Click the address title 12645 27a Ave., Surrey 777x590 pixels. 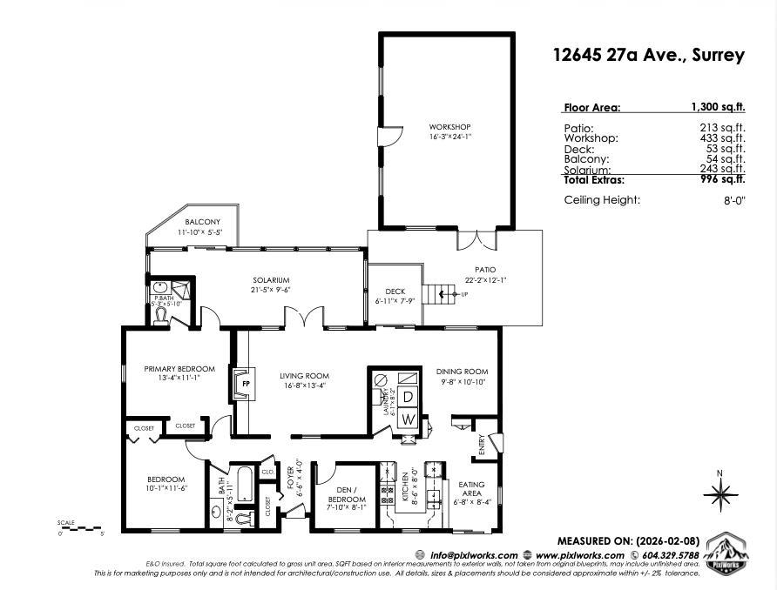tap(649, 55)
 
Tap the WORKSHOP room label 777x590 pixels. tap(449, 127)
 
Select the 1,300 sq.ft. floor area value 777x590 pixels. tap(718, 108)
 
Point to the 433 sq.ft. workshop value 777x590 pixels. tap(724, 138)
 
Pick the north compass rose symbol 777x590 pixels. tap(720, 497)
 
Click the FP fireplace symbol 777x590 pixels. tap(245, 383)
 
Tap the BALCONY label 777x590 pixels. tap(202, 223)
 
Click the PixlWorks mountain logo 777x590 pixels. tap(726, 553)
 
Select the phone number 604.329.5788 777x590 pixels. tap(670, 555)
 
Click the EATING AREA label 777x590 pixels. tap(473, 489)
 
